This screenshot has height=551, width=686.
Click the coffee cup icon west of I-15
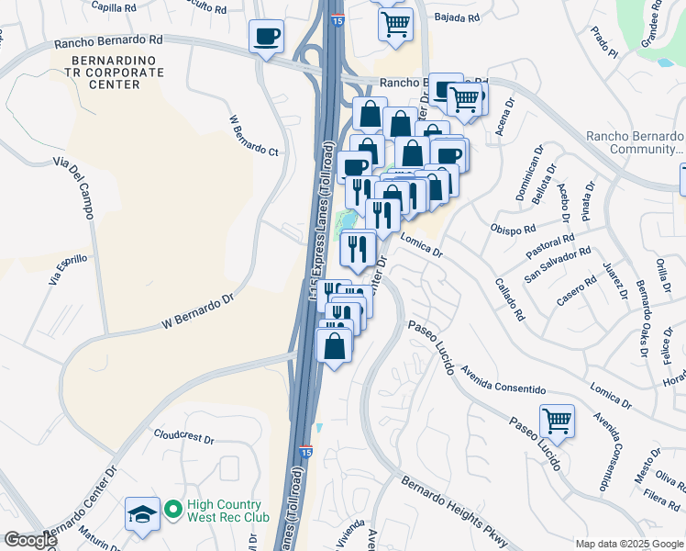[x=266, y=37]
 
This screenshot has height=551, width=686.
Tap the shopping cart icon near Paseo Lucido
[x=557, y=422]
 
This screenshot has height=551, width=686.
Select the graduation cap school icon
[x=142, y=515]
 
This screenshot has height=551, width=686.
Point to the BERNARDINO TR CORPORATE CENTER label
[x=105, y=72]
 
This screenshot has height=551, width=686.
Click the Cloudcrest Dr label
[x=183, y=437]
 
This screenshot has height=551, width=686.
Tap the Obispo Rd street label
[x=513, y=228]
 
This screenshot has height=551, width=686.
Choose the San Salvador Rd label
[x=559, y=264]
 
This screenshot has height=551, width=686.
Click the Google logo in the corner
[x=29, y=540]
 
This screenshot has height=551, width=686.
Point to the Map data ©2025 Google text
[x=629, y=544]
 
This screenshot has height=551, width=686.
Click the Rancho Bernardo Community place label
[x=635, y=142]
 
